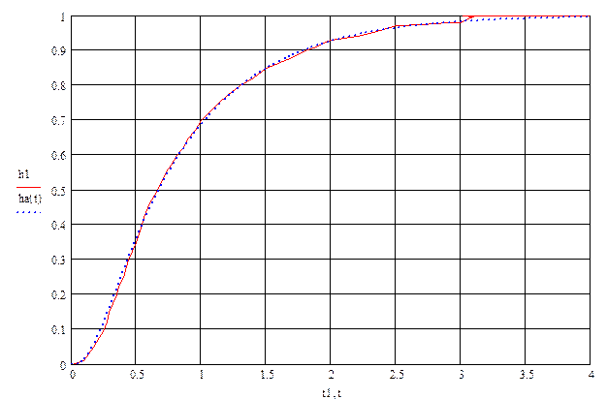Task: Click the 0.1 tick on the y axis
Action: (x=63, y=330)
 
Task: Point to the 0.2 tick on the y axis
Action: (x=63, y=295)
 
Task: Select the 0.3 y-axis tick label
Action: (x=63, y=261)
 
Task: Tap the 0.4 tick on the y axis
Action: (x=63, y=226)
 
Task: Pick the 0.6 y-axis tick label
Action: (x=63, y=155)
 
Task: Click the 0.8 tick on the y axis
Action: (x=63, y=85)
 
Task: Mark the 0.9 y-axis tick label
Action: (x=63, y=50)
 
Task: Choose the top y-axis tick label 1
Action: (x=64, y=16)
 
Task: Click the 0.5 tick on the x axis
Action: (x=138, y=375)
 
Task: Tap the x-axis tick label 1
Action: (x=202, y=375)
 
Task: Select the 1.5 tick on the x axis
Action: (x=267, y=375)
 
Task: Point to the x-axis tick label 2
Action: (x=332, y=375)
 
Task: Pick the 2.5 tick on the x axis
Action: (x=396, y=375)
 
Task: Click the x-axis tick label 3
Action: (x=461, y=375)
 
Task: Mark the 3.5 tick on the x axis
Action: (x=526, y=375)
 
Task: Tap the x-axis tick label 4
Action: (x=591, y=375)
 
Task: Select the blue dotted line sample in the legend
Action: (x=29, y=210)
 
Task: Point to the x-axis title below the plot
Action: (x=332, y=391)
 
